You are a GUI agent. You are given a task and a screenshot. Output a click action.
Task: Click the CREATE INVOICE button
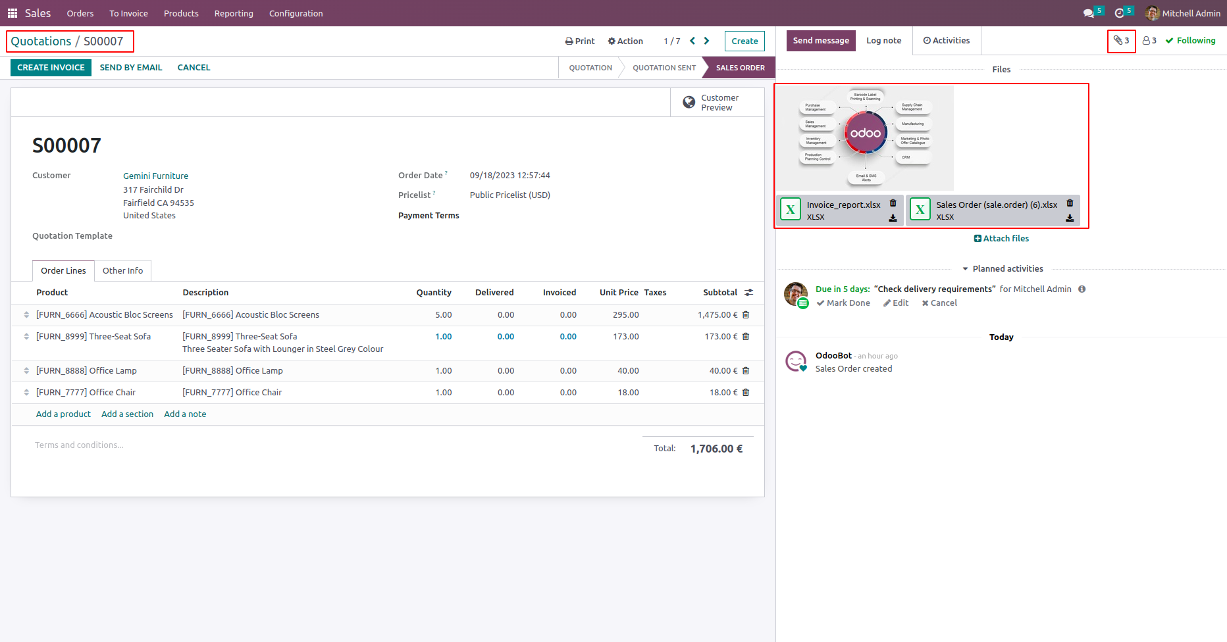click(x=51, y=68)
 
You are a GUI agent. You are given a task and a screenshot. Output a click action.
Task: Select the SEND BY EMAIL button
click(x=131, y=68)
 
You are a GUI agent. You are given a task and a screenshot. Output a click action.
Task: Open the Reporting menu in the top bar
click(x=234, y=13)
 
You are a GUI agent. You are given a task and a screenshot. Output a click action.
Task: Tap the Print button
click(x=580, y=41)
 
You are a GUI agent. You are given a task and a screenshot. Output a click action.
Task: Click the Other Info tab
click(x=122, y=271)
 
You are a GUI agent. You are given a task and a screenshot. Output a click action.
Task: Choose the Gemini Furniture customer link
click(x=155, y=176)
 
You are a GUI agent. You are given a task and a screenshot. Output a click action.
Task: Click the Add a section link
click(x=127, y=414)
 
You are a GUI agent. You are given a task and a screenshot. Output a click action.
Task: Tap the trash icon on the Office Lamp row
click(x=746, y=371)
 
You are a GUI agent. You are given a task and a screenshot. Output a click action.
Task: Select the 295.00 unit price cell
click(x=625, y=315)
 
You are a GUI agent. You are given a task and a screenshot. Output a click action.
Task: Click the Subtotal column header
click(x=719, y=293)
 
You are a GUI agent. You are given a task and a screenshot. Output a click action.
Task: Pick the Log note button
click(x=883, y=41)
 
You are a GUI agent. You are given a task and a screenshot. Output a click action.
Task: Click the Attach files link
click(x=1001, y=239)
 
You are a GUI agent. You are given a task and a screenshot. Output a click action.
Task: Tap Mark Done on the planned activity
click(x=843, y=303)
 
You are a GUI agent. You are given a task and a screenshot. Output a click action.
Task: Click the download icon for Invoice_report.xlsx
click(x=893, y=218)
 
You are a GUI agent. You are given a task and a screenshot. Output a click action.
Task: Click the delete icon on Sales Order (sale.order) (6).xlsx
click(x=1070, y=203)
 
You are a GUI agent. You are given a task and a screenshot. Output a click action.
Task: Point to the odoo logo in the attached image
click(x=865, y=134)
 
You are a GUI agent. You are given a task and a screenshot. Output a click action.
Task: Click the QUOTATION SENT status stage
click(x=664, y=68)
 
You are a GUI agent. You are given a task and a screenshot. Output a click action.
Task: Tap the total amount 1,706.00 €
click(x=716, y=449)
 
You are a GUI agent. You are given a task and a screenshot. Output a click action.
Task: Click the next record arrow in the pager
click(x=707, y=41)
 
